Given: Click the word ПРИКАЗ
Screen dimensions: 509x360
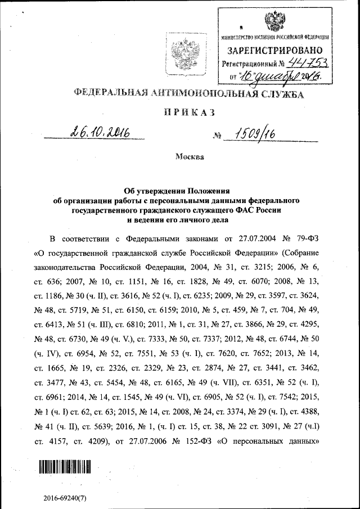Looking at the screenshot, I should pyautogui.click(x=188, y=113).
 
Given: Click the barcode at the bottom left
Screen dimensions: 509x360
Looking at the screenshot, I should pyautogui.click(x=64, y=466).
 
